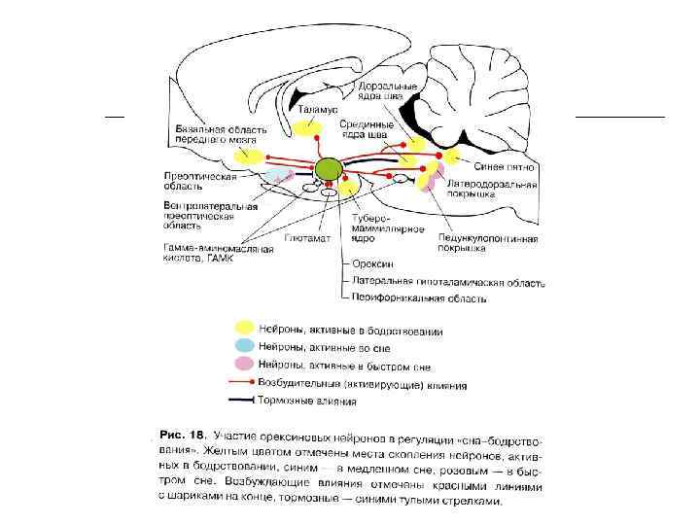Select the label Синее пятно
click(x=505, y=168)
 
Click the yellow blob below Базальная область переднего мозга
click(x=248, y=154)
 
